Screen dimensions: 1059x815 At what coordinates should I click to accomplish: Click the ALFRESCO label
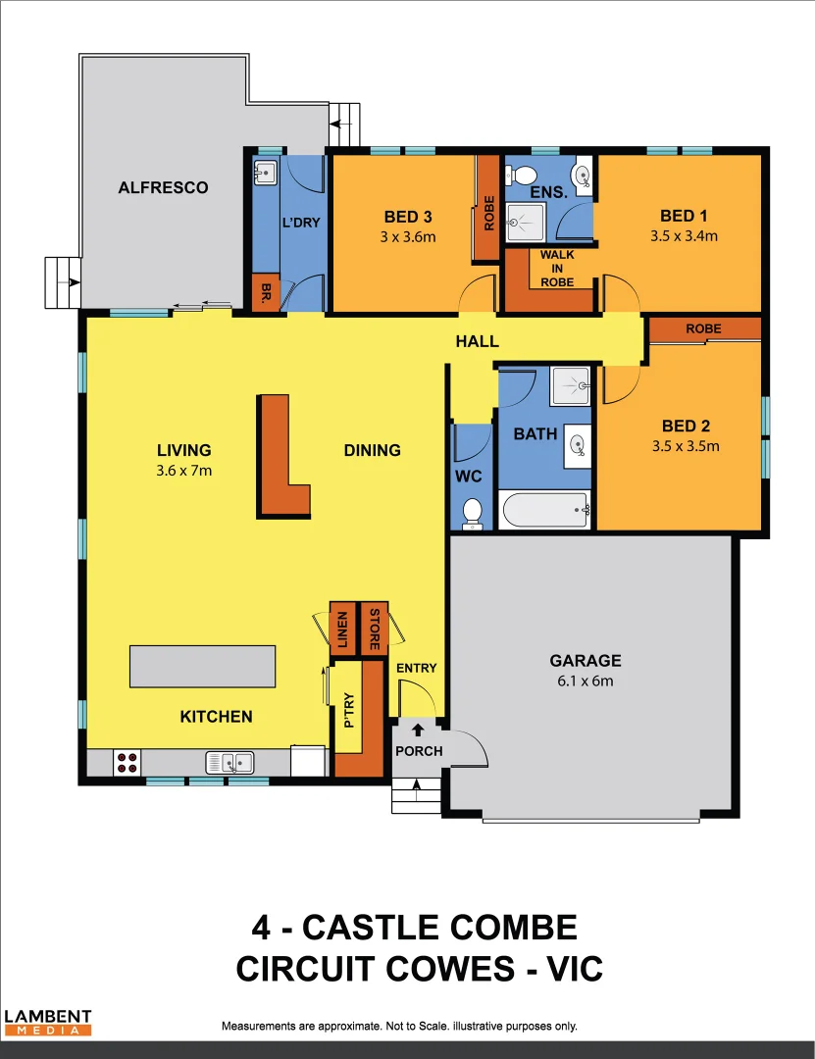pos(163,187)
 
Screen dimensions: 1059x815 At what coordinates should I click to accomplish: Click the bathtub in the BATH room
pos(543,510)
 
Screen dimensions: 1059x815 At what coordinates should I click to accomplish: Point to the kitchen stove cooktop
pos(127,762)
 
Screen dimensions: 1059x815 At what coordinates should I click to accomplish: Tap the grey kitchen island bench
pos(202,667)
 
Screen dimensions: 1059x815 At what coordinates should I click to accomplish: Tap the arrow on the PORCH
pos(418,730)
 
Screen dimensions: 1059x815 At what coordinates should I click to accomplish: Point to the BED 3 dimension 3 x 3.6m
pos(408,236)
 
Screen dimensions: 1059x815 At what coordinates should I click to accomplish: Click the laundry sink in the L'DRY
pos(265,173)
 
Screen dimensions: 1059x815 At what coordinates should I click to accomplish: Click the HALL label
pos(478,341)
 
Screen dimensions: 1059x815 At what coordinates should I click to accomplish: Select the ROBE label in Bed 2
pos(704,328)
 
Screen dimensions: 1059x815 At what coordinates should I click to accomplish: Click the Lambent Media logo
pos(48,1023)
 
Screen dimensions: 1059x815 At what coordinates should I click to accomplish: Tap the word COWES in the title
pos(440,969)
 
